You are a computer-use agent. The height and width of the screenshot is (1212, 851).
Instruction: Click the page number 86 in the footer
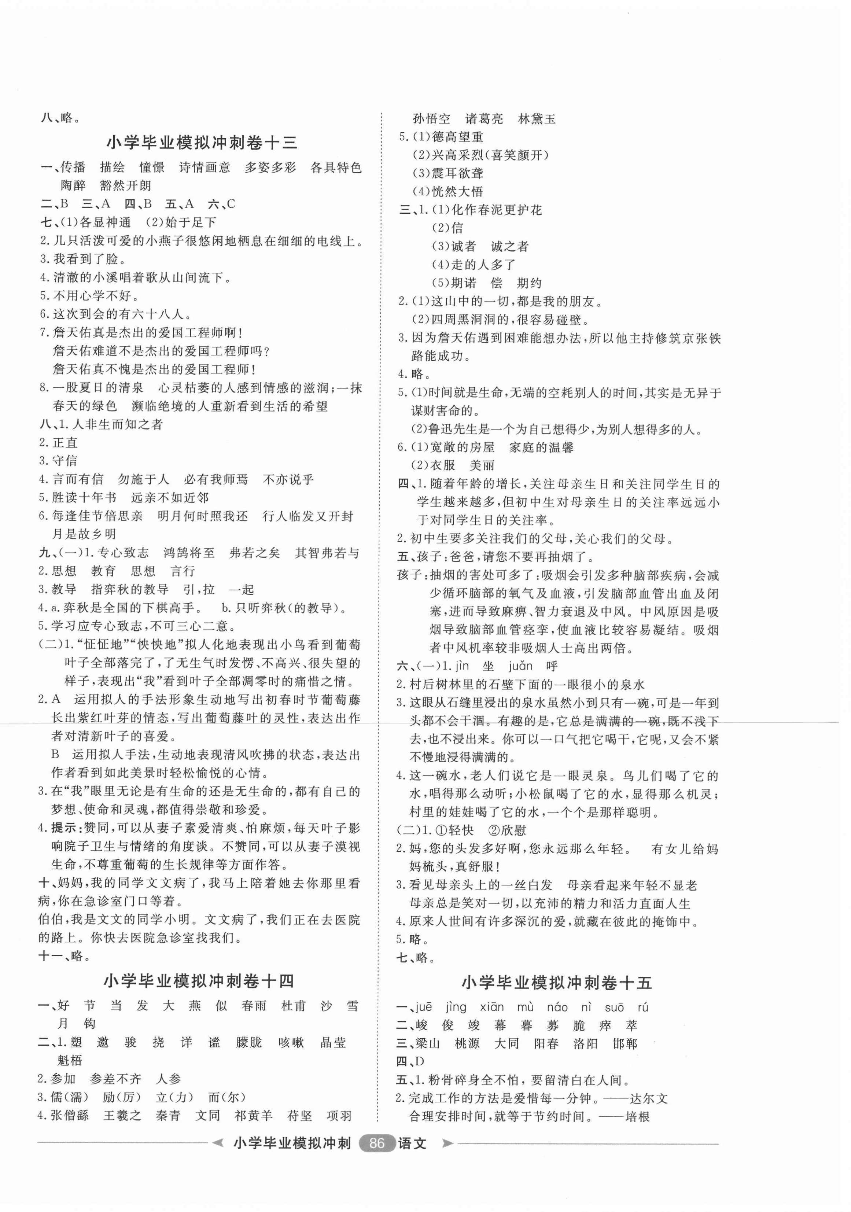376,1143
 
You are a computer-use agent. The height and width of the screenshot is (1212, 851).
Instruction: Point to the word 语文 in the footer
412,1143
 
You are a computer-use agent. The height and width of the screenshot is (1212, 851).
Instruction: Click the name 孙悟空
431,119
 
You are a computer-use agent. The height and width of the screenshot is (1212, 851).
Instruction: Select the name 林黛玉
537,119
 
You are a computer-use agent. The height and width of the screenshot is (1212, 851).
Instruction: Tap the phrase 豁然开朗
126,186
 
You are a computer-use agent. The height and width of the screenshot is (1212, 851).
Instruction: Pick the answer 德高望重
457,137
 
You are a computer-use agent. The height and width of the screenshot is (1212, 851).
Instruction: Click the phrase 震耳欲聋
457,173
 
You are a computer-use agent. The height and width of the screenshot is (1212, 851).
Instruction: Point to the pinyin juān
520,666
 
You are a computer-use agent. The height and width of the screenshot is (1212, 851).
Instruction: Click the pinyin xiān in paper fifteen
491,1007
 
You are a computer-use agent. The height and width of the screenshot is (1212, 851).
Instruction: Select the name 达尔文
649,1098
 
